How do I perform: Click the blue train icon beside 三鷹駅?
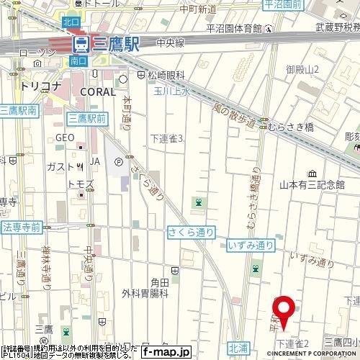pyautogui.click(x=81, y=45)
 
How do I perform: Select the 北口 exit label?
pyautogui.click(x=71, y=22)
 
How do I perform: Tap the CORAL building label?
pyautogui.click(x=98, y=91)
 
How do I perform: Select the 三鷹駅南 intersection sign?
pyautogui.click(x=18, y=110)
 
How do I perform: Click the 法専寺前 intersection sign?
pyautogui.click(x=21, y=227)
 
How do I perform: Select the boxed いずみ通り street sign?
pyautogui.click(x=250, y=246)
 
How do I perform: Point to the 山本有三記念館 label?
pyautogui.click(x=312, y=184)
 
